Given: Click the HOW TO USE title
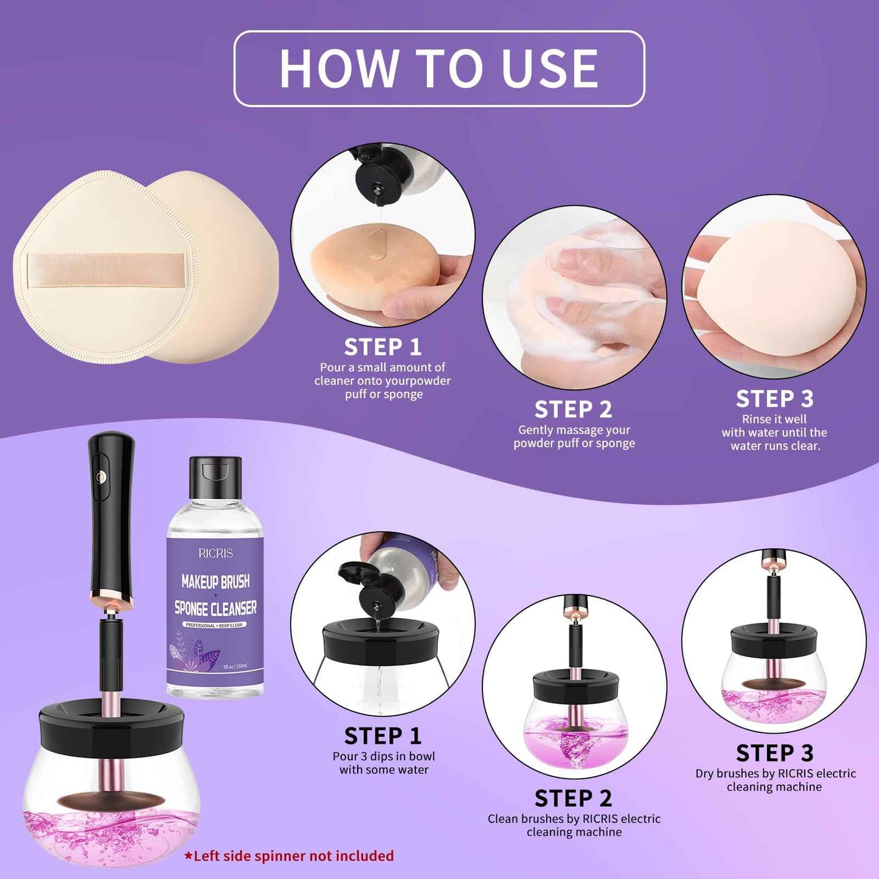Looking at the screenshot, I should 439,69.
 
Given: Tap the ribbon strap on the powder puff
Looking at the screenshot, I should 106,269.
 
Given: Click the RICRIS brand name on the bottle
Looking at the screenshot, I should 215,553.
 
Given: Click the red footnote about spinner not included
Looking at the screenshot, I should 290,856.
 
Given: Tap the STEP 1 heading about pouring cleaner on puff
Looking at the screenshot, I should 383,347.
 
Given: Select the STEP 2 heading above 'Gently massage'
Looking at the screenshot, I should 573,409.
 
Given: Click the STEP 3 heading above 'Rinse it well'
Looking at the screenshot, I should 774,399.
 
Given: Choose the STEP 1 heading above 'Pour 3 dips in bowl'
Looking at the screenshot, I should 383,736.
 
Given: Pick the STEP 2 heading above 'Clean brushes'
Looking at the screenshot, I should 573,798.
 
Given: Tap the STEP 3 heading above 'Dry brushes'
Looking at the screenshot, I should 774,753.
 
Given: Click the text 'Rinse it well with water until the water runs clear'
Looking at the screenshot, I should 774,433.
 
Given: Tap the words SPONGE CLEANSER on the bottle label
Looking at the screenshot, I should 215,608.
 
